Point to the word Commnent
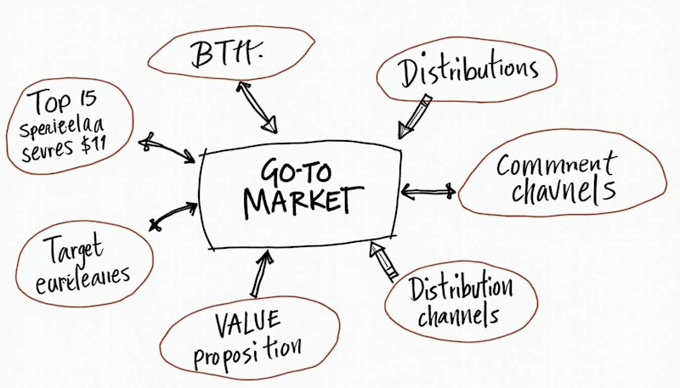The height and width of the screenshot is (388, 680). coord(557,163)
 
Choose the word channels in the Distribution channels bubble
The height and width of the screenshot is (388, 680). coord(462,317)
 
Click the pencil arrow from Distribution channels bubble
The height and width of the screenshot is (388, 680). coord(383,260)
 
